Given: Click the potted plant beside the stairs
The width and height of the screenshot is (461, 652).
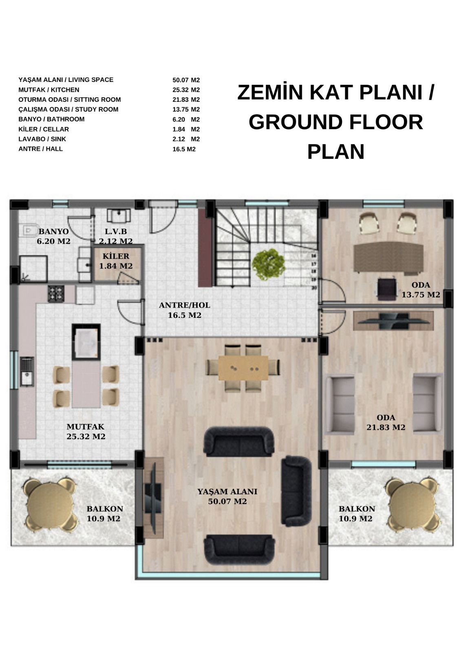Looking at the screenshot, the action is click(x=268, y=264).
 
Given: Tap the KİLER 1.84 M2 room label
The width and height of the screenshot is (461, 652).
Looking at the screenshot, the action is click(x=116, y=261).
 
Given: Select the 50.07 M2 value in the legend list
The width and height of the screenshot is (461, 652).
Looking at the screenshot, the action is click(x=186, y=80).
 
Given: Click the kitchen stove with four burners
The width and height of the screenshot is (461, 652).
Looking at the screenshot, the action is click(x=56, y=293).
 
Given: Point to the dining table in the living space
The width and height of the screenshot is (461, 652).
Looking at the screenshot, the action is click(x=243, y=367).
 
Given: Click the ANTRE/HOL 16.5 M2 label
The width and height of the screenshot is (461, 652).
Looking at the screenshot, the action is click(x=184, y=310).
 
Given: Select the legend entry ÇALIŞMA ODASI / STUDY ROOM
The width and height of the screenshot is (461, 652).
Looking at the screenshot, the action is click(x=68, y=110).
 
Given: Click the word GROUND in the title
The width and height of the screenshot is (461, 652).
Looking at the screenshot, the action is click(x=295, y=122).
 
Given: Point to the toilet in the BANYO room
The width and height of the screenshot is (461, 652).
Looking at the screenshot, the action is click(x=30, y=231).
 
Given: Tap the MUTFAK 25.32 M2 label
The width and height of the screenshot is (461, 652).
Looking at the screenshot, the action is click(x=86, y=432).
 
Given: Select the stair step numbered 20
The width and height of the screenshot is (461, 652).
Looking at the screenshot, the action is click(x=313, y=288).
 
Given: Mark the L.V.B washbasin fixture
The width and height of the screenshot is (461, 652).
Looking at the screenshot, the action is click(x=119, y=216).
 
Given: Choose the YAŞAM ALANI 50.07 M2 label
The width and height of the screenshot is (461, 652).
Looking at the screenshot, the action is click(x=227, y=496).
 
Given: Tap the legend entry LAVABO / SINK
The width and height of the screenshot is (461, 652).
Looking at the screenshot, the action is click(x=42, y=139).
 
